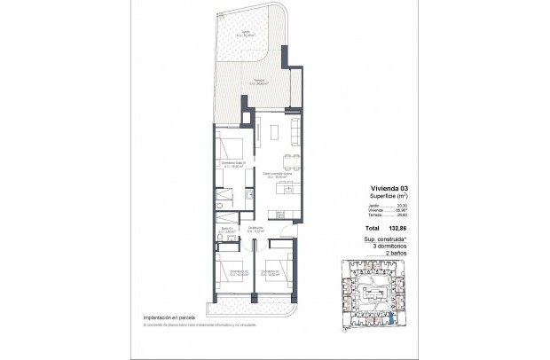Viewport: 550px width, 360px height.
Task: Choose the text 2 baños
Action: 397,253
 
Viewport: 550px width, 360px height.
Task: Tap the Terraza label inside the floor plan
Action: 259,82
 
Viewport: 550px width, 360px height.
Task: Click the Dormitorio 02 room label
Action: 235,272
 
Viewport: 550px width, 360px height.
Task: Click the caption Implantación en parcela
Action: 168,318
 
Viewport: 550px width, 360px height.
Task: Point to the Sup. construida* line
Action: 388,239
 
